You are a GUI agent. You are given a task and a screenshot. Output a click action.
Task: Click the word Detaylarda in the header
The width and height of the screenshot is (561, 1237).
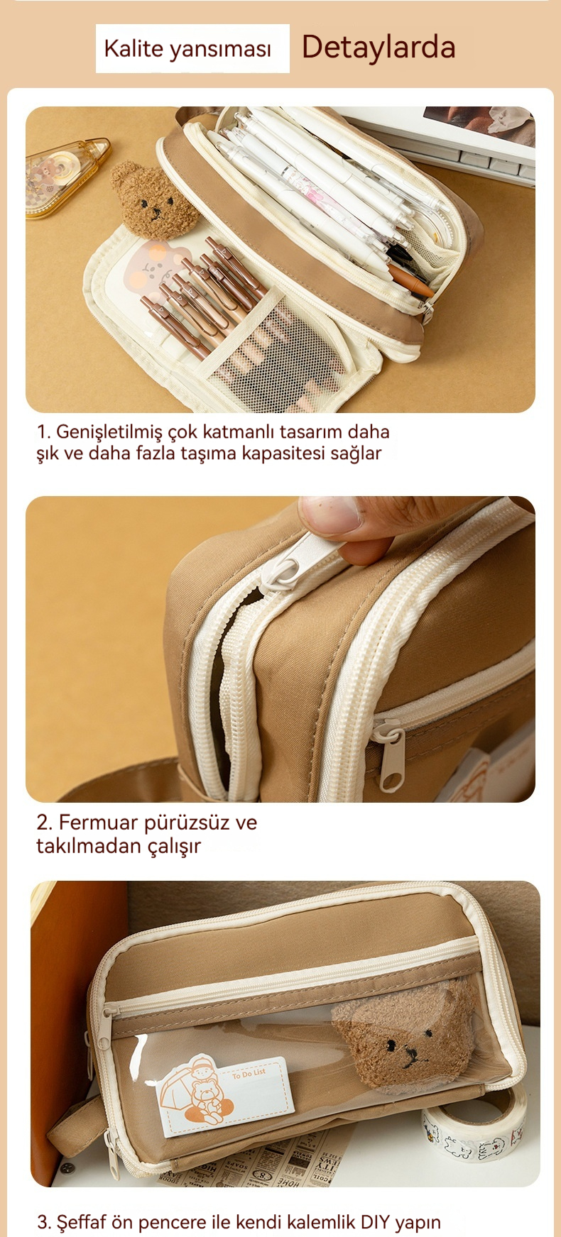click(x=378, y=47)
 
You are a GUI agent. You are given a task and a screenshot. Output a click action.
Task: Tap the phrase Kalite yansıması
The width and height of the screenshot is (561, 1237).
click(x=187, y=49)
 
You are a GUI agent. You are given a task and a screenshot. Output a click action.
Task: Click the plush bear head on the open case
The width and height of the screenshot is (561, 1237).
click(x=153, y=199)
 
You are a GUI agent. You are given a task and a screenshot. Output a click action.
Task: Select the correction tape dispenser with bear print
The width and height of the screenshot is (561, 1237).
click(x=67, y=177)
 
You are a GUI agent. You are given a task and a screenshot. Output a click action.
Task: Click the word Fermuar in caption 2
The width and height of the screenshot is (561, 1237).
click(x=98, y=823)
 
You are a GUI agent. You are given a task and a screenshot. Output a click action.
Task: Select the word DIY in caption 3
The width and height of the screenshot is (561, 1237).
click(x=375, y=1222)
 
